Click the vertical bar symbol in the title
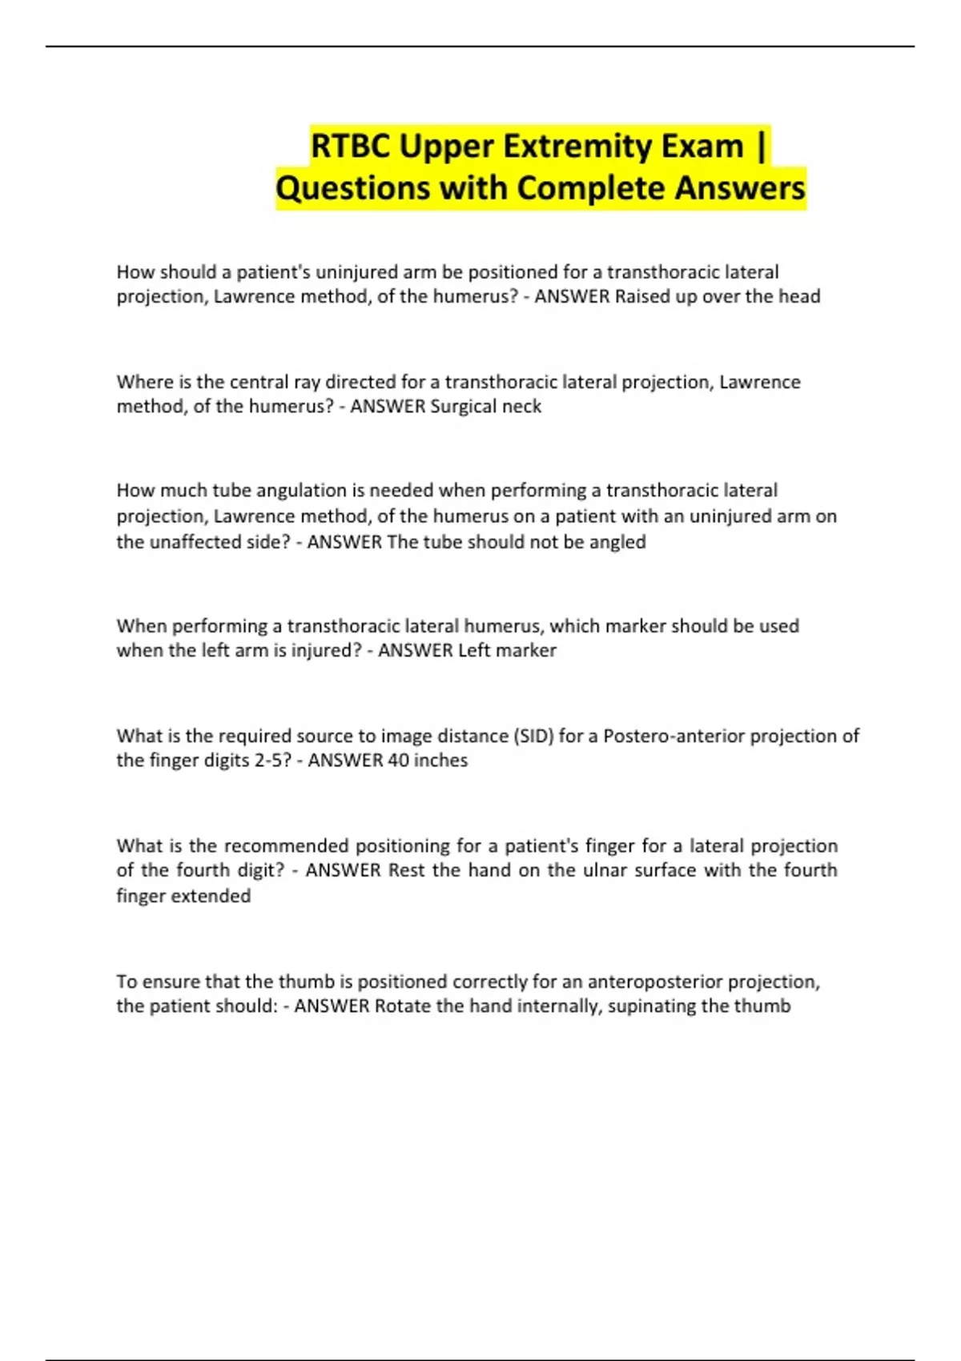tap(760, 147)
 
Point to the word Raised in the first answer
tap(641, 296)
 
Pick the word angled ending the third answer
tap(617, 542)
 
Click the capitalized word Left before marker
tap(473, 650)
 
